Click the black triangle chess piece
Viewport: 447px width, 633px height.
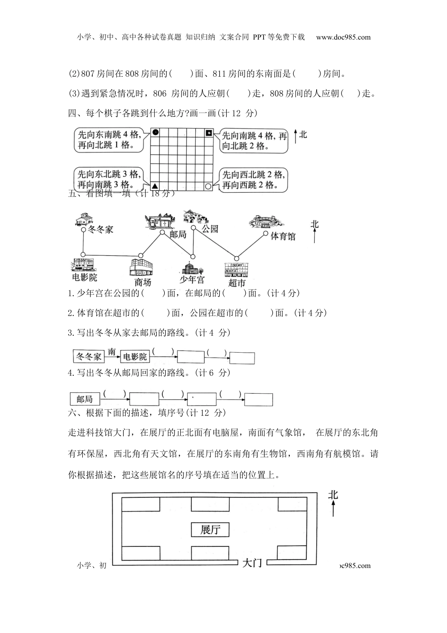pyautogui.click(x=155, y=186)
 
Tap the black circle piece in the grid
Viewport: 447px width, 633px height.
pyautogui.click(x=156, y=133)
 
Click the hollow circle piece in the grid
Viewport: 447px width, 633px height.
pyautogui.click(x=208, y=186)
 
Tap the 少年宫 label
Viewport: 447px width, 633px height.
pyautogui.click(x=192, y=280)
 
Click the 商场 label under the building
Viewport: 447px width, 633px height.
pyautogui.click(x=143, y=282)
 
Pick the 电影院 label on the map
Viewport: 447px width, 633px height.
pyautogui.click(x=85, y=277)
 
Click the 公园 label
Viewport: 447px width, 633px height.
pyautogui.click(x=210, y=229)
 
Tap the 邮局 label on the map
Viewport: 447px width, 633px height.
pyautogui.click(x=178, y=234)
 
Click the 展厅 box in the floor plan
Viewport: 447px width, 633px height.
pyautogui.click(x=210, y=529)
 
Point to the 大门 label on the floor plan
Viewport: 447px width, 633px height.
pyautogui.click(x=252, y=563)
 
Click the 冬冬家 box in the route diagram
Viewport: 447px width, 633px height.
pyautogui.click(x=89, y=357)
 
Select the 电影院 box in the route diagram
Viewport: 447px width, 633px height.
pyautogui.click(x=135, y=357)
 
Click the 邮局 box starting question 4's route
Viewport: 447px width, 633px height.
pyautogui.click(x=85, y=399)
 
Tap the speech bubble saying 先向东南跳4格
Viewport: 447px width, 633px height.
pyautogui.click(x=109, y=140)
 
